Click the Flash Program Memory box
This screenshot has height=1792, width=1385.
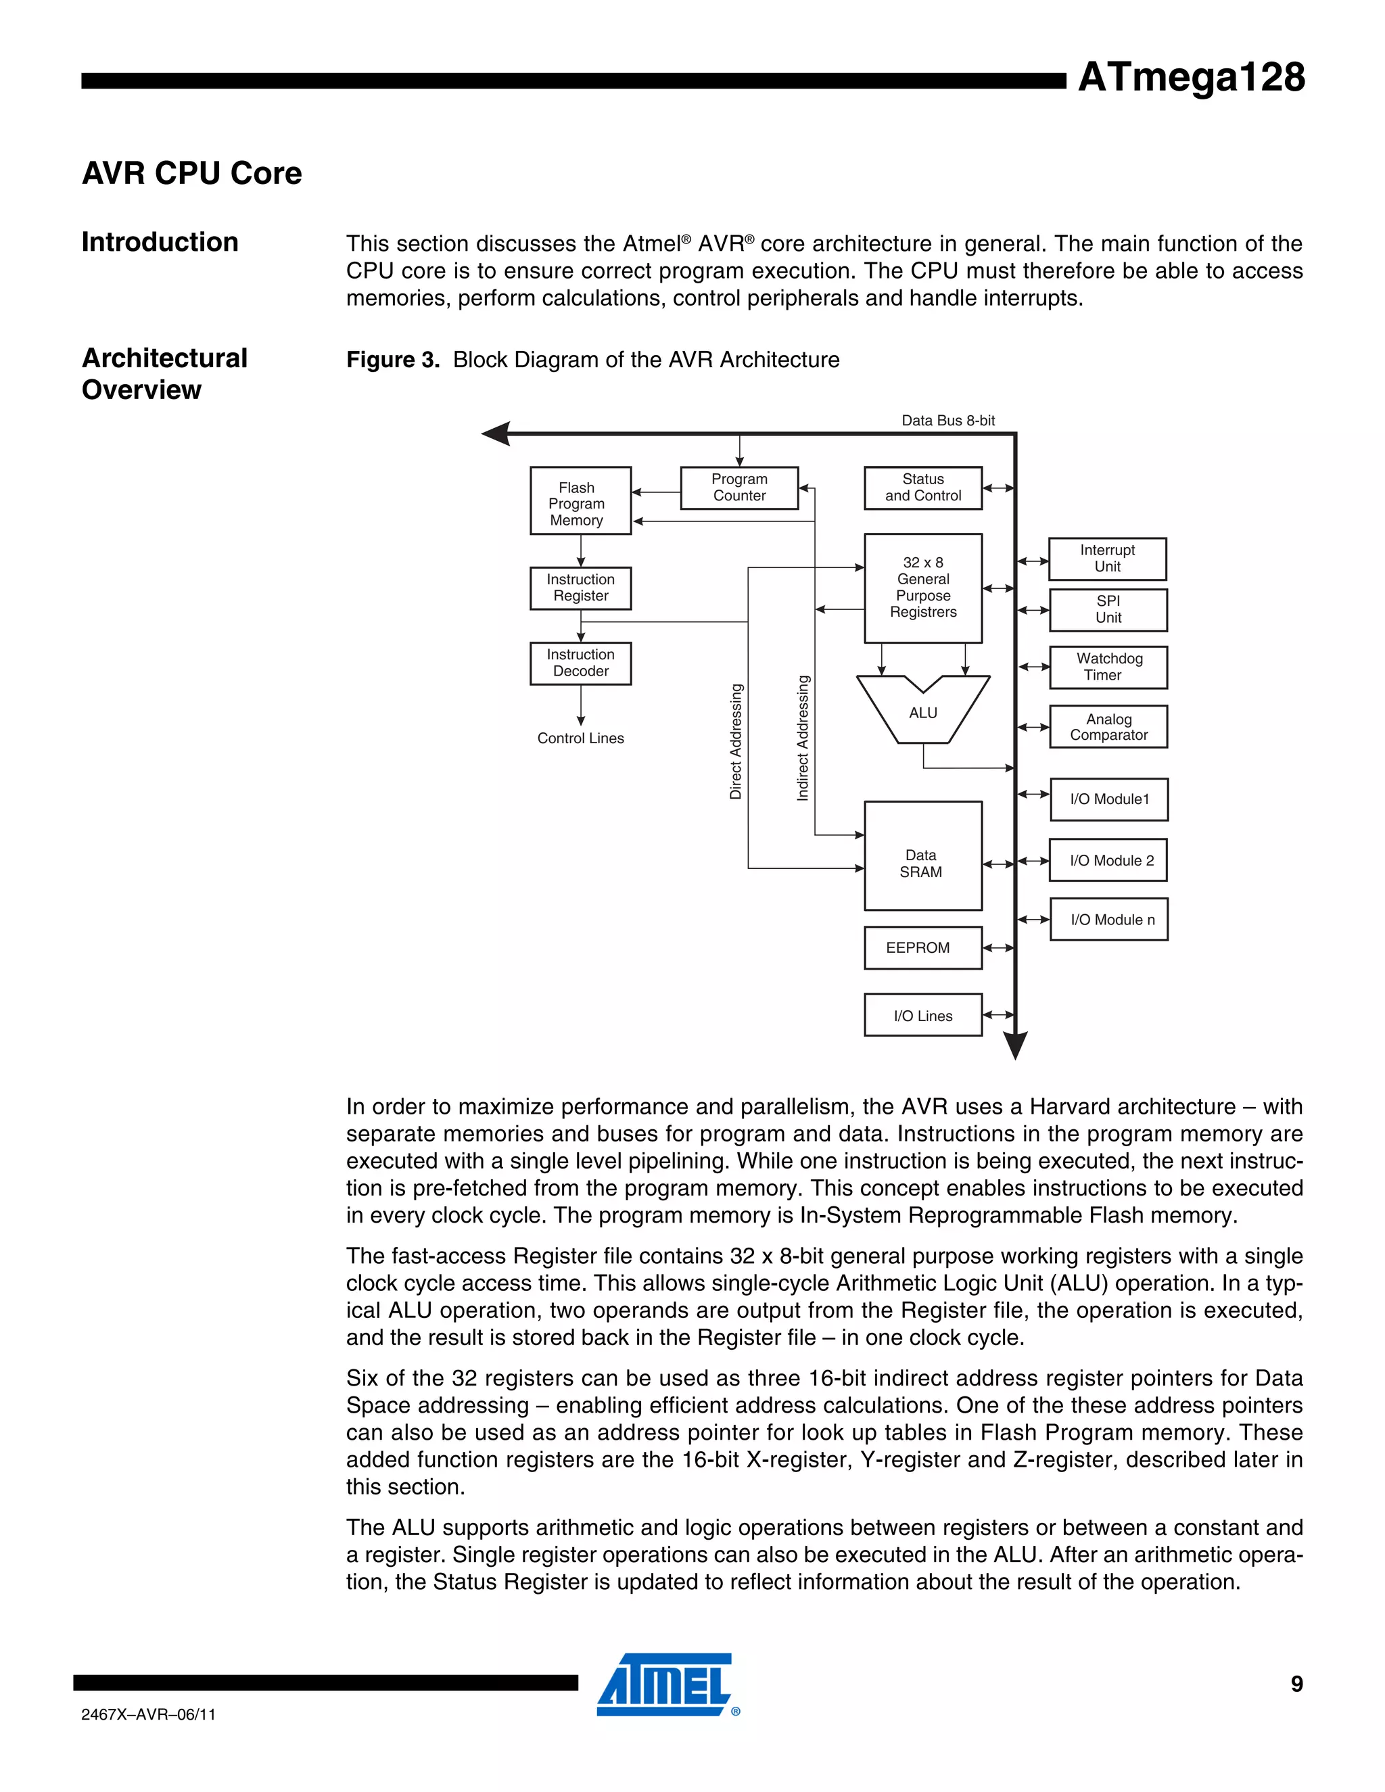click(580, 500)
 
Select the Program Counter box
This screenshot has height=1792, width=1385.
click(738, 488)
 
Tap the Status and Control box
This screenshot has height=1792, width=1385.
click(922, 488)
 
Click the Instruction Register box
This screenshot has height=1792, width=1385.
click(580, 588)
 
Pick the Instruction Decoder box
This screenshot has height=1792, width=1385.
click(580, 663)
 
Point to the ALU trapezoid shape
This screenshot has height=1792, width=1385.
click(922, 711)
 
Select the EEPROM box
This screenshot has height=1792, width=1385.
click(922, 947)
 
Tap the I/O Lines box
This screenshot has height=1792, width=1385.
click(922, 1015)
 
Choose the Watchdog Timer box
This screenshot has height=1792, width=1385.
click(1108, 667)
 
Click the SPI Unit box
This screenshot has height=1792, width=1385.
click(1108, 610)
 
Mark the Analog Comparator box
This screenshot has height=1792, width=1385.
click(1108, 727)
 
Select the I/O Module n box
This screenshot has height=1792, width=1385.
click(1108, 919)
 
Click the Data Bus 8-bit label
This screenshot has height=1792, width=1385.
click(947, 420)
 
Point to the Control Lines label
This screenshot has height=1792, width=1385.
click(580, 738)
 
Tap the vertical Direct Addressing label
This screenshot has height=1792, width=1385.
click(736, 741)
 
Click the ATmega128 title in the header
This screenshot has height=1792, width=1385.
click(1190, 77)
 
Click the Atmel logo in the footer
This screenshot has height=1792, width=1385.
click(665, 1685)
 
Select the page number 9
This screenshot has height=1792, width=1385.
click(1296, 1684)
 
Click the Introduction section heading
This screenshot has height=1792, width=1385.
click(160, 242)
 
